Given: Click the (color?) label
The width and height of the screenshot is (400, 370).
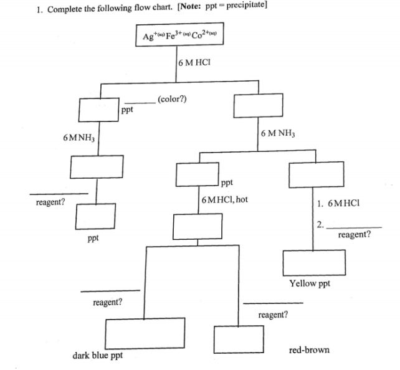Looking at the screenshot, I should click(172, 99).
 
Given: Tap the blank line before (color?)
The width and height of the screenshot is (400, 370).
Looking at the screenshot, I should click(140, 102).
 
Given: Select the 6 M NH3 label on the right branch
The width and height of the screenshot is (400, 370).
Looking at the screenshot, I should click(278, 133).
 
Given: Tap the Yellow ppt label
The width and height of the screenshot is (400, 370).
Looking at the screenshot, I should click(310, 283).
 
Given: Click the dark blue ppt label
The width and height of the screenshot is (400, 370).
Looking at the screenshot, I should click(97, 356).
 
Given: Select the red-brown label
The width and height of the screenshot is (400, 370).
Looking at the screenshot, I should click(309, 350).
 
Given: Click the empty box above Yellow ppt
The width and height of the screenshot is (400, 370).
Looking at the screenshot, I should click(314, 263).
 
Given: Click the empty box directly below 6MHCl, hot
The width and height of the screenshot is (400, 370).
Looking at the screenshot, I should click(198, 225).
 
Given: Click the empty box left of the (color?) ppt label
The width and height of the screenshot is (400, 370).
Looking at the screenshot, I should click(98, 110).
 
